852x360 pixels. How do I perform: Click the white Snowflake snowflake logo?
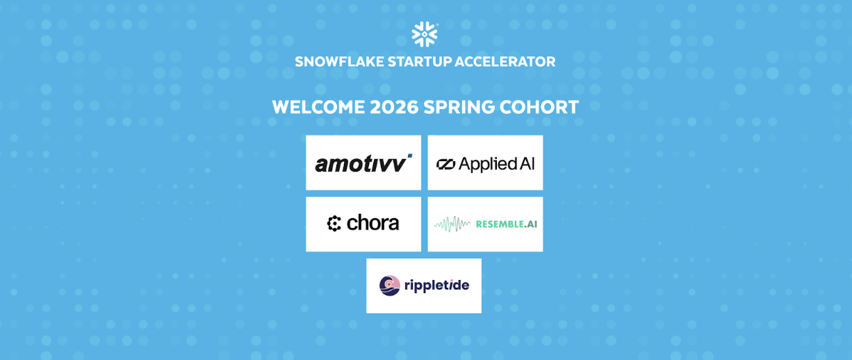click(x=425, y=34)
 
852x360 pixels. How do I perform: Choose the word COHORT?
click(x=540, y=107)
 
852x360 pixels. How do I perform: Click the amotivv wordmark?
click(x=360, y=164)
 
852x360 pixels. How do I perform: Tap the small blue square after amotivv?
click(x=409, y=155)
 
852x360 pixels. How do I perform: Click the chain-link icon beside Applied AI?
click(x=445, y=164)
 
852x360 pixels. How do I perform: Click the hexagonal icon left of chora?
click(x=334, y=224)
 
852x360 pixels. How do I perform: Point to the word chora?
click(x=373, y=223)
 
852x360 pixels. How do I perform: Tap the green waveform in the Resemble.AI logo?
click(x=452, y=224)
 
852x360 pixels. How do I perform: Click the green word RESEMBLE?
click(x=499, y=224)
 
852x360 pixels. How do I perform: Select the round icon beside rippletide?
click(x=390, y=285)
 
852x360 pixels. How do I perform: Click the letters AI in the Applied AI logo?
click(x=527, y=163)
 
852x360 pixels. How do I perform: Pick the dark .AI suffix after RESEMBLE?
click(x=530, y=224)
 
